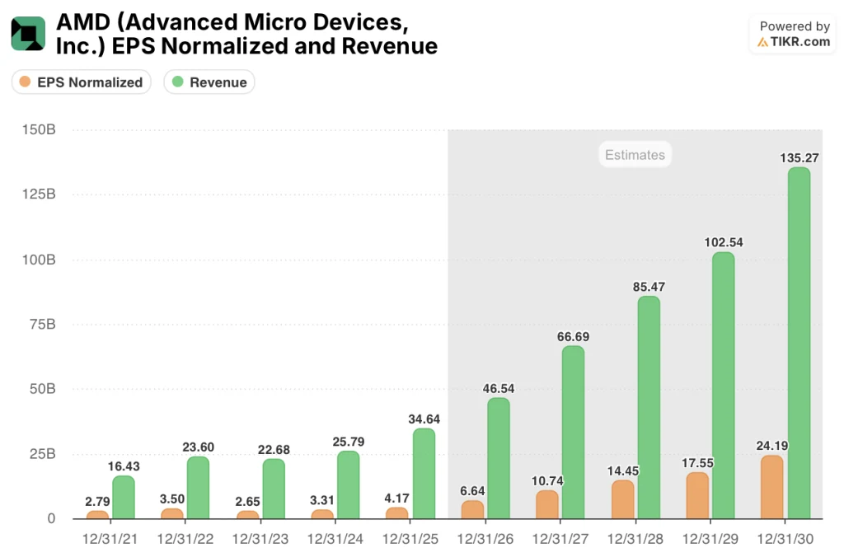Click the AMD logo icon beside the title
tap(28, 33)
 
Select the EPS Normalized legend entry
tap(81, 82)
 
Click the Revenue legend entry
tap(209, 82)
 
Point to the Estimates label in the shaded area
tap(635, 154)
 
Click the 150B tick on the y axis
tap(39, 130)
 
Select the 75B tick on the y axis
tap(42, 324)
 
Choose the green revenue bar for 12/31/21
tap(124, 498)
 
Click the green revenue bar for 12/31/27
tap(573, 433)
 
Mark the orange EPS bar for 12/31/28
tap(623, 499)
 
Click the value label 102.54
tap(723, 241)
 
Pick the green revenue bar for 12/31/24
tap(349, 485)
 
